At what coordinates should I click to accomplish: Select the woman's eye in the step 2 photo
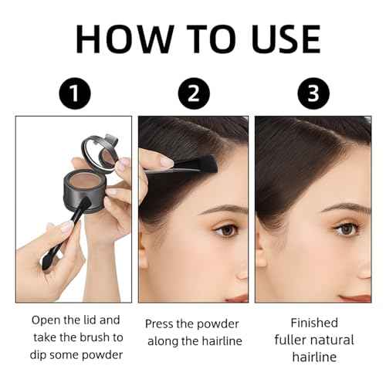225,229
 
